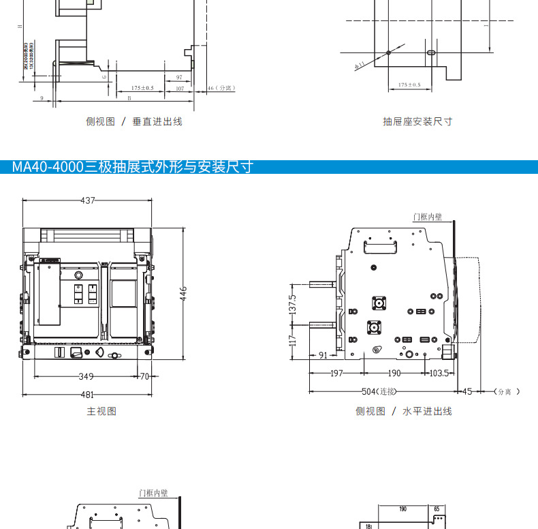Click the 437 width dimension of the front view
(88, 200)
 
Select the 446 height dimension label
(183, 293)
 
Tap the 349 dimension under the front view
(86, 376)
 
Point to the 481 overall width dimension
(86, 394)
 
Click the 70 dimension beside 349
(144, 376)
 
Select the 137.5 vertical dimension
(293, 304)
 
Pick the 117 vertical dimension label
(293, 338)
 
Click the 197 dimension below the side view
(336, 373)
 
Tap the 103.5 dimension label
(439, 373)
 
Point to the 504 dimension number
(368, 391)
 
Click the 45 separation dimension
(467, 391)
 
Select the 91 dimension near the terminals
(323, 355)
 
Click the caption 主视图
(101, 411)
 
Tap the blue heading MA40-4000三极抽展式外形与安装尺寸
(133, 167)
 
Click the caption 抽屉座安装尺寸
(417, 121)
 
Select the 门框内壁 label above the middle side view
(428, 217)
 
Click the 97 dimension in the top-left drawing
(179, 78)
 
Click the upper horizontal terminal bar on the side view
(321, 284)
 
